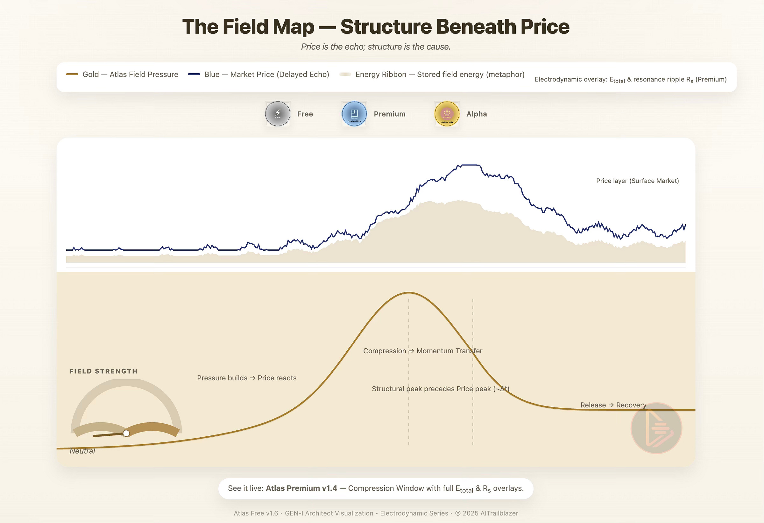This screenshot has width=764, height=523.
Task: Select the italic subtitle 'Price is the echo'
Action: [x=332, y=47]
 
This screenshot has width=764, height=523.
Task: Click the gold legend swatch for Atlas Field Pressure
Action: [x=72, y=74]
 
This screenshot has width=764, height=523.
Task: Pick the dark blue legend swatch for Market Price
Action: [x=194, y=74]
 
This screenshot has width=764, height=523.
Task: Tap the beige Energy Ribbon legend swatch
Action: [x=345, y=74]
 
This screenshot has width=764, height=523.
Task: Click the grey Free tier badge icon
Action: [x=278, y=114]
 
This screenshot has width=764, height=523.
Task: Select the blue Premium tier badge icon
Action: [x=354, y=114]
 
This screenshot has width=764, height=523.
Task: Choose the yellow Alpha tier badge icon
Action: [x=447, y=114]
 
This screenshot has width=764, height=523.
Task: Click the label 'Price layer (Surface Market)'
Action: [x=637, y=181]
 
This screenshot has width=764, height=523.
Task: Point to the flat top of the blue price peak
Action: [x=470, y=165]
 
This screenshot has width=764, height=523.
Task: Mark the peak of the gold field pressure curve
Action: [x=409, y=292]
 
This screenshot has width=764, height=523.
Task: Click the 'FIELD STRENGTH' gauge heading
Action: [x=103, y=371]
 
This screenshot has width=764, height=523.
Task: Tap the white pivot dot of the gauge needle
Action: [x=126, y=433]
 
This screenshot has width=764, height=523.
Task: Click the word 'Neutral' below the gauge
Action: [x=82, y=451]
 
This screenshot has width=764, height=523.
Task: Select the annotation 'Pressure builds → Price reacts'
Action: [x=247, y=378]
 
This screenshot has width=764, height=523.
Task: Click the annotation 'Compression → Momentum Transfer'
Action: [x=422, y=351]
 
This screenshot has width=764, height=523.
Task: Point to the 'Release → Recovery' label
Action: [x=613, y=405]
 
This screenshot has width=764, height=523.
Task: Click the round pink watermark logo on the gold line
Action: [x=656, y=428]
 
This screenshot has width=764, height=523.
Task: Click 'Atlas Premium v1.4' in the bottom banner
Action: [x=301, y=488]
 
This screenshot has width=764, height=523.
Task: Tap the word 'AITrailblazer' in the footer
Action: [x=499, y=513]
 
